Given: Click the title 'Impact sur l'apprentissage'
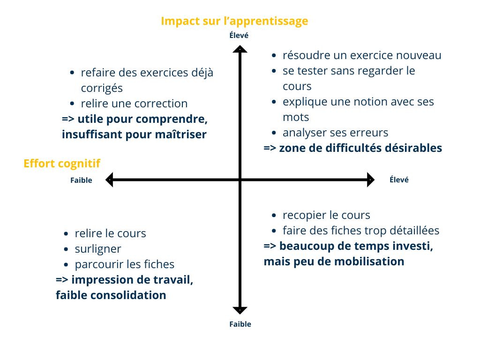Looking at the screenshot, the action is coord(234,21).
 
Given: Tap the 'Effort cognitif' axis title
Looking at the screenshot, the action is coord(61,163).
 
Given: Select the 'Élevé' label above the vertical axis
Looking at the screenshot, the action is coord(239,35).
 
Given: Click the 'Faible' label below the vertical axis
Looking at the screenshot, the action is coord(240,324).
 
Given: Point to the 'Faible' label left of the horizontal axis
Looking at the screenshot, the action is coord(81,180).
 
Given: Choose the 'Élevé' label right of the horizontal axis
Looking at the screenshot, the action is coord(399,180).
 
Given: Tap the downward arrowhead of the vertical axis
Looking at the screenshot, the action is coord(240,310).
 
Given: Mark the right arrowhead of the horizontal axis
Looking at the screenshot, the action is coord(370,180).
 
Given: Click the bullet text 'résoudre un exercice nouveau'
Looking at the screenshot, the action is coord(362,55).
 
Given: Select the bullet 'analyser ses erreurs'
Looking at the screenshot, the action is coord(335,133).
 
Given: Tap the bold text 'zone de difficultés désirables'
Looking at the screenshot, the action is coord(360,148).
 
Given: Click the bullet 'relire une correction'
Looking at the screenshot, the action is coord(134,104).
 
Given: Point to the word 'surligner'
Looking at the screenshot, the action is coord(98,249).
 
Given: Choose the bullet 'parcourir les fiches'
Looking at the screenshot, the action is coord(124,264).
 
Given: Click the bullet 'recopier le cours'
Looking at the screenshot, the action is coord(326,215).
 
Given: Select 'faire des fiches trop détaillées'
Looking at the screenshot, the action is coord(361,231).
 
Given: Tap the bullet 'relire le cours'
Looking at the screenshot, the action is coord(110,233).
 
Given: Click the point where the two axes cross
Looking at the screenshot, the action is coord(240,180).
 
